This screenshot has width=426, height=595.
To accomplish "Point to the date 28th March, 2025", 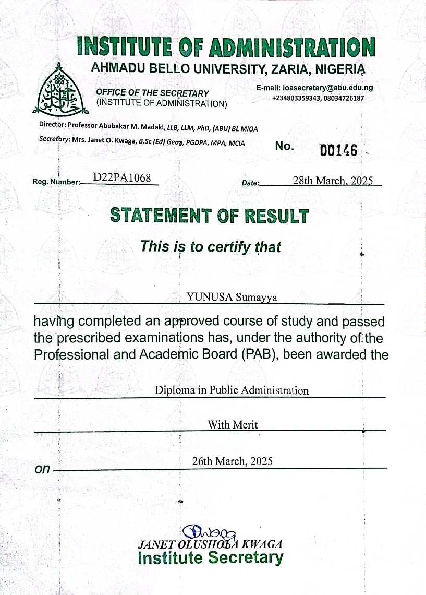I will coord(333,181).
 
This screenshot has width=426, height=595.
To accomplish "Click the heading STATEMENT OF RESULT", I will coord(209,216).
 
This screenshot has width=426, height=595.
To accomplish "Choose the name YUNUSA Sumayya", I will coord(232,297).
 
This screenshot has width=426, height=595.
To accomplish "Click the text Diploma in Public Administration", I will coord(232,390).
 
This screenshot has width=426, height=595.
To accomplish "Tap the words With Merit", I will coord(233,424).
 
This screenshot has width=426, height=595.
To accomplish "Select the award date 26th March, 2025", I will coord(232,461).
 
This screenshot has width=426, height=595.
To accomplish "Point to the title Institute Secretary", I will coord(210,558).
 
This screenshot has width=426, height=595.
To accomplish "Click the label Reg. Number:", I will coord(56,182).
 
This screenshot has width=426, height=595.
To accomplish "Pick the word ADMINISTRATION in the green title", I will coord(292,49).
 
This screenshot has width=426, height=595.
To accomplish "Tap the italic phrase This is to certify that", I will coord(210,246).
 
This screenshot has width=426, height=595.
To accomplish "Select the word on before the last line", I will coord(42,469).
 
